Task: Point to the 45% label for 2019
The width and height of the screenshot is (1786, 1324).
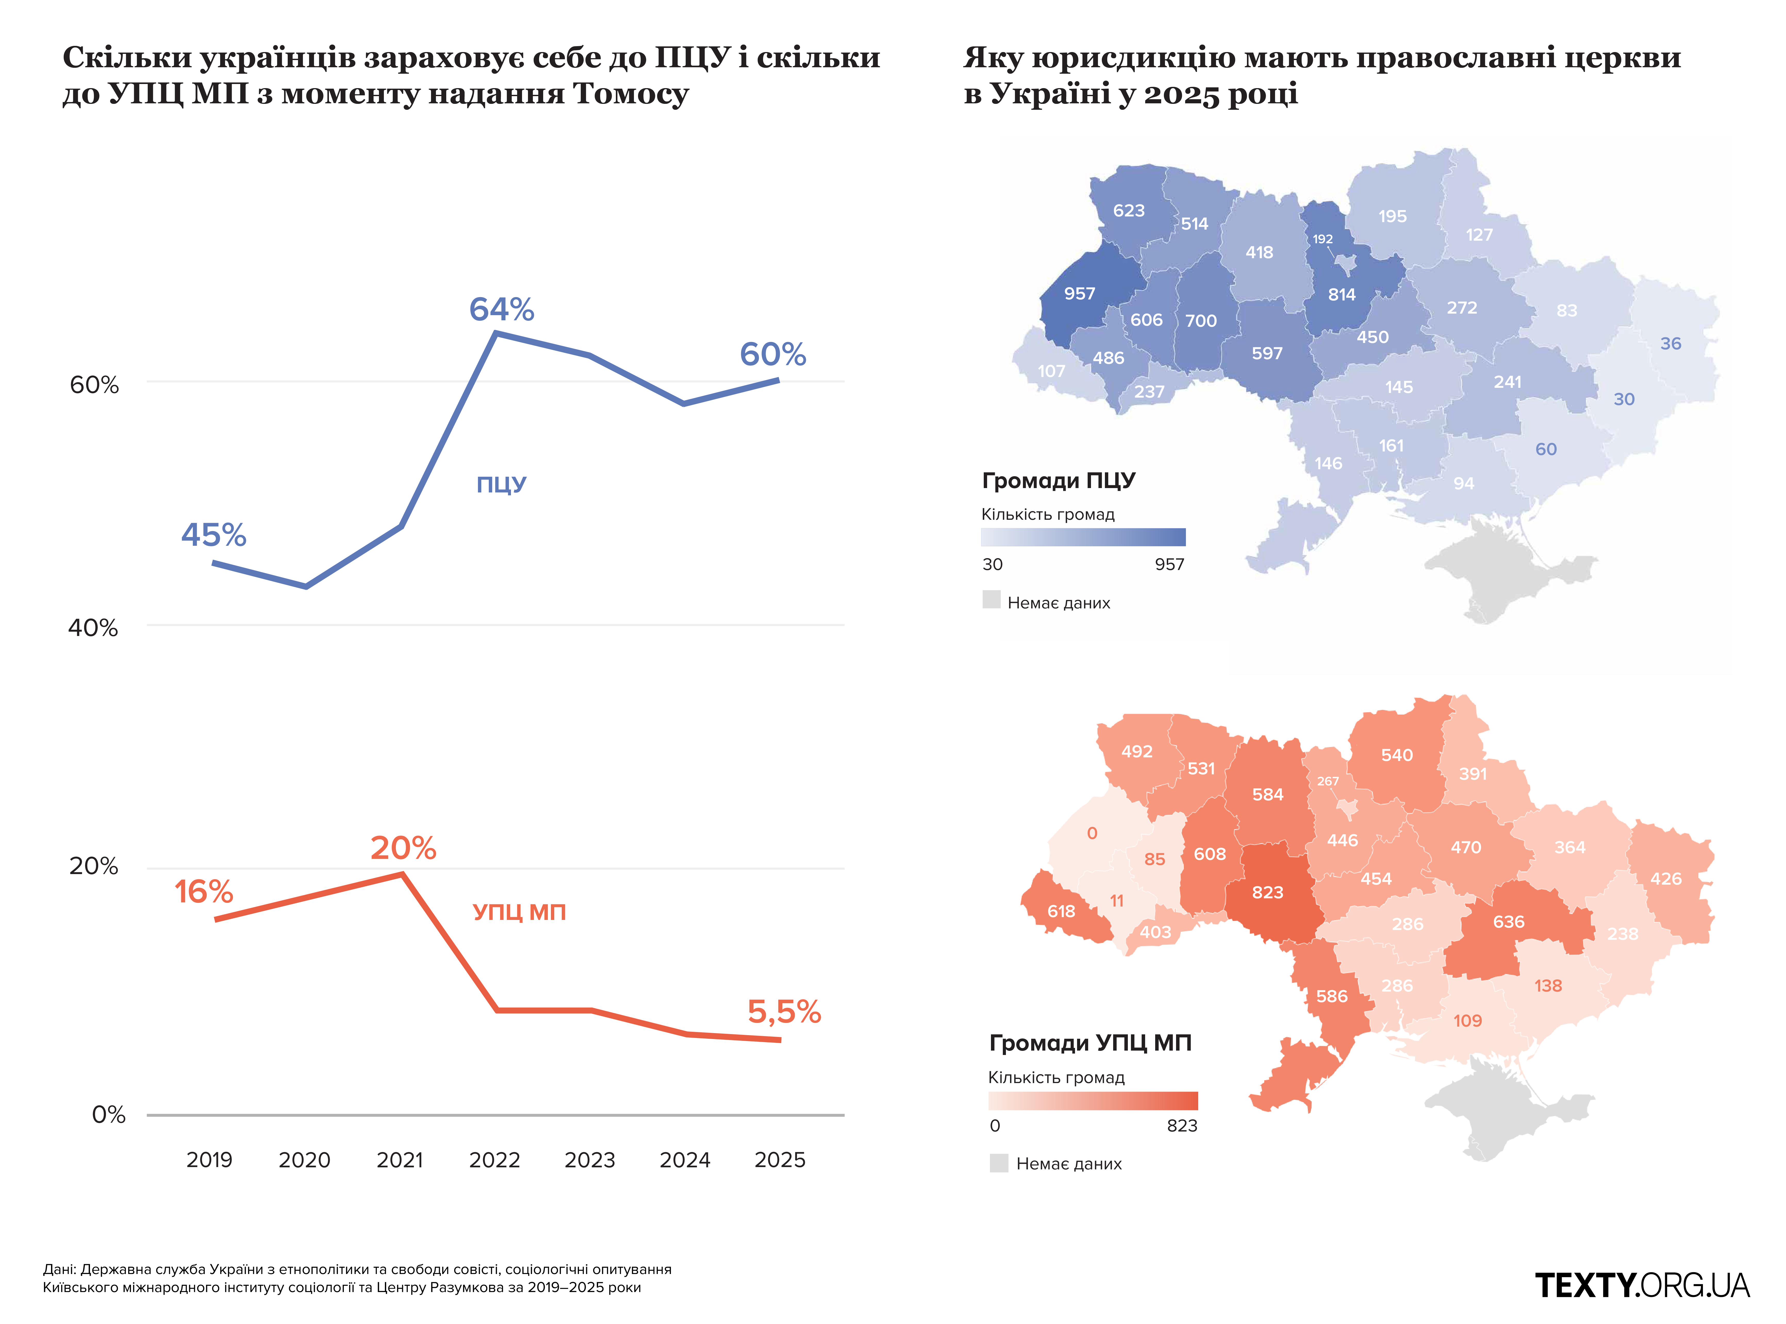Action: tap(213, 534)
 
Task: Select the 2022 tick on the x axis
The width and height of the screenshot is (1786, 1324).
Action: tap(495, 1160)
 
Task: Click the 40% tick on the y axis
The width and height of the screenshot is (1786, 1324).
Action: tap(93, 627)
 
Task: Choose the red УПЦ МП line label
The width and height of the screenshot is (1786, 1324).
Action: tap(519, 912)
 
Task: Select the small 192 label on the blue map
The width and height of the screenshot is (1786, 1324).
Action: tap(1323, 239)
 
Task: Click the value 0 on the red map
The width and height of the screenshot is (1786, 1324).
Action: tap(1092, 834)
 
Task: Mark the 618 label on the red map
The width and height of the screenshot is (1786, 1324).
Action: tap(1061, 911)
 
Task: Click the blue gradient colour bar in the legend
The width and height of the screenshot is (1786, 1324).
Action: tap(1083, 537)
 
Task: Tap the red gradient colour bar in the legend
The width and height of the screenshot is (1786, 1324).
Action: tap(1093, 1100)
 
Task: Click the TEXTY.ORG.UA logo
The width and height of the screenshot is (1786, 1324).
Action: tap(1642, 1285)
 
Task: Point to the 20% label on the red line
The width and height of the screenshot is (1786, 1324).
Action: tap(403, 848)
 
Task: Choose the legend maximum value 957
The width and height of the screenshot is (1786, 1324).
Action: tap(1170, 564)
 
